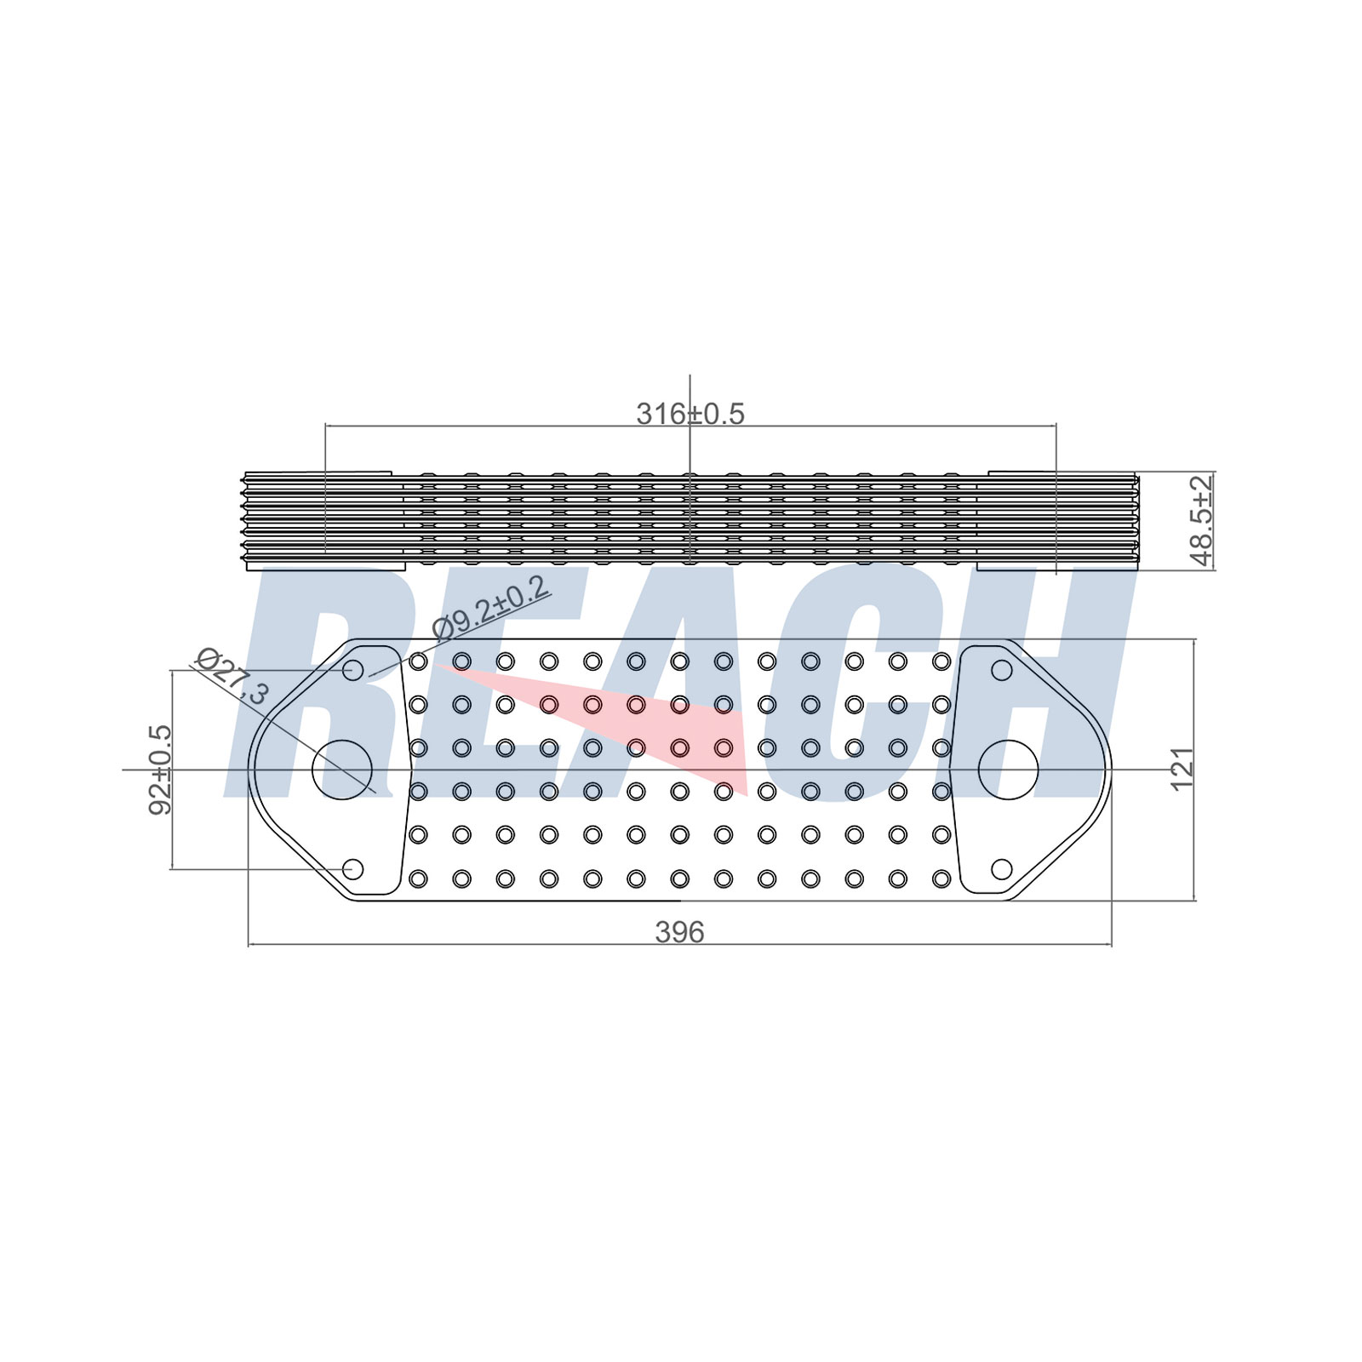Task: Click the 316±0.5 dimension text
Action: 690,414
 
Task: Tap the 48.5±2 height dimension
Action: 1202,520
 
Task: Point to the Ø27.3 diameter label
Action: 232,676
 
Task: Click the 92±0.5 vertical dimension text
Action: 161,770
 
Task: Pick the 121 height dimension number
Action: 1182,769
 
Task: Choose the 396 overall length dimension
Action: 679,932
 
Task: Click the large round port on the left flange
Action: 342,770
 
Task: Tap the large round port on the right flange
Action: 1009,770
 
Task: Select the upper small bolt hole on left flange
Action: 352,671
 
